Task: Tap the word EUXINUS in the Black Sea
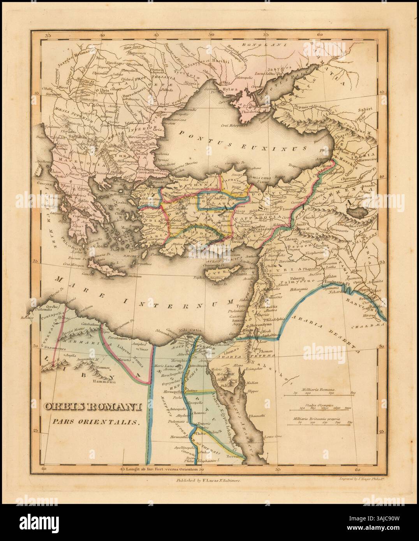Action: click(278, 148)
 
